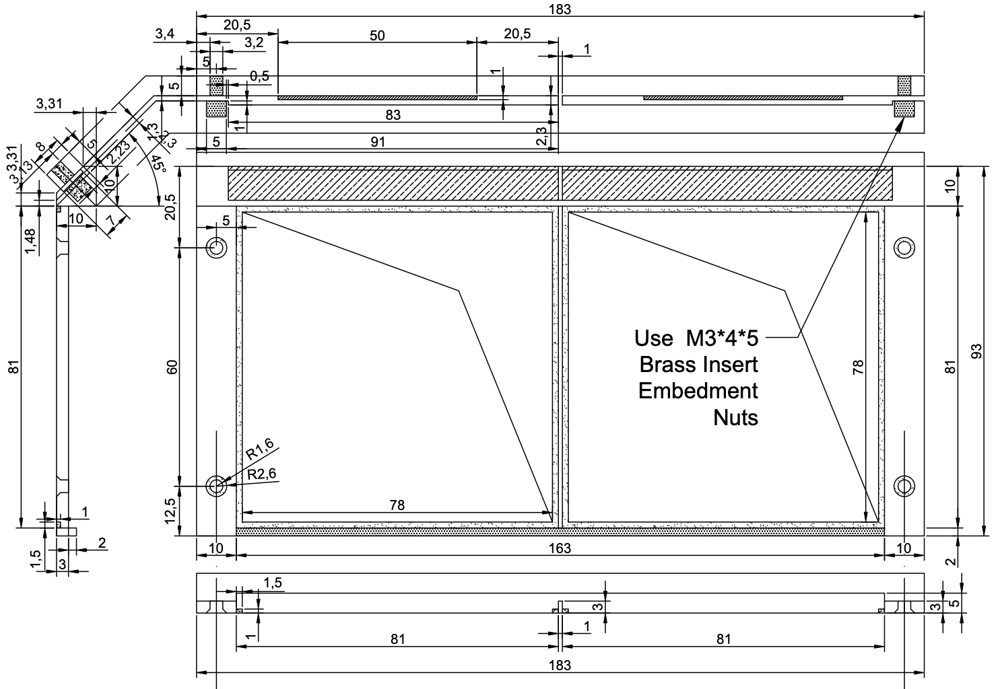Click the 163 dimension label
pyautogui.click(x=559, y=548)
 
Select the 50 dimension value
pyautogui.click(x=377, y=36)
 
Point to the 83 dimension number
pyautogui.click(x=393, y=115)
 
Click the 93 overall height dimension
pyautogui.click(x=978, y=351)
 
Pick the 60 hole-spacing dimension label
pyautogui.click(x=172, y=367)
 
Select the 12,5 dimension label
pyautogui.click(x=172, y=511)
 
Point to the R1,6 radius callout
pyautogui.click(x=259, y=448)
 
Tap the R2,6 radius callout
pyautogui.click(x=262, y=474)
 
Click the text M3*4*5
pyautogui.click(x=716, y=337)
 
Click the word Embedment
pyautogui.click(x=698, y=391)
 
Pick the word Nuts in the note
pyautogui.click(x=735, y=418)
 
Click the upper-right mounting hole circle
pyautogui.click(x=904, y=248)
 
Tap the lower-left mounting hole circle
pyautogui.click(x=216, y=485)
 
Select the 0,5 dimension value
pyautogui.click(x=259, y=76)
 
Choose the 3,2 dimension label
pyautogui.click(x=254, y=43)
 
